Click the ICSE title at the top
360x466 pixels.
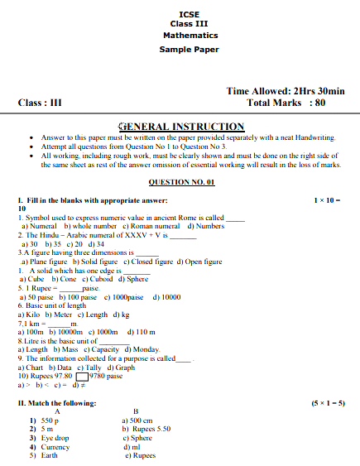[190, 12]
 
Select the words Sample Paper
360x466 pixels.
[190, 50]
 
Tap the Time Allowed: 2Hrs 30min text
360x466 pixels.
[285, 91]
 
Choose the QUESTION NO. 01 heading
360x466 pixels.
[181, 181]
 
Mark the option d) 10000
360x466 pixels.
[166, 297]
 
